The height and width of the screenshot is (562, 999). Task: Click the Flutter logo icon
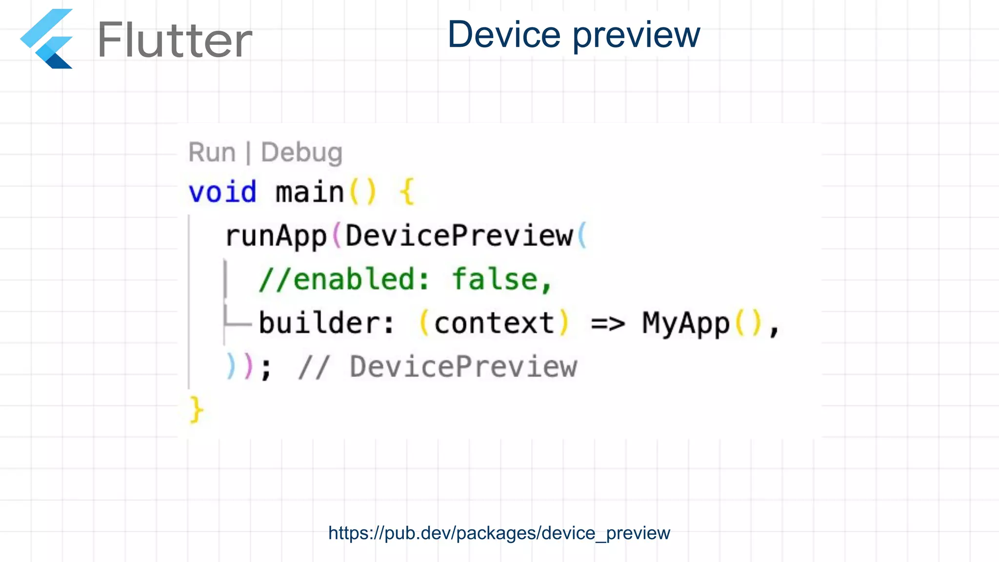[x=47, y=39]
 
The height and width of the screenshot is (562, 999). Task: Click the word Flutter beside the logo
[x=175, y=40]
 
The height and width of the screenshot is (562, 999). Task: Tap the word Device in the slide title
[x=504, y=35]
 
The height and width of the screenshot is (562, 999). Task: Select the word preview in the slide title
[x=636, y=36]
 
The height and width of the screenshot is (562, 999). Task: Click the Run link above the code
[x=212, y=152]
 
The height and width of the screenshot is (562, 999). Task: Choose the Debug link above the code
[x=301, y=152]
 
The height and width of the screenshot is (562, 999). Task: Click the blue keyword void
[x=222, y=192]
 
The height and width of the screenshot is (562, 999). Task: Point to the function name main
[x=310, y=192]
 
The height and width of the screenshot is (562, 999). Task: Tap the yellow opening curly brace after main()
[x=407, y=192]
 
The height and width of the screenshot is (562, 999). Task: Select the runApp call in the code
[x=276, y=236]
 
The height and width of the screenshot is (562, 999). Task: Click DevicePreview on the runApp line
[x=459, y=236]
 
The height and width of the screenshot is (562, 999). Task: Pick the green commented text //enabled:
[x=344, y=280]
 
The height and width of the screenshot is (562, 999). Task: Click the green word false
[x=495, y=280]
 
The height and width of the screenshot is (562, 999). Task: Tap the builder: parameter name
[x=326, y=323]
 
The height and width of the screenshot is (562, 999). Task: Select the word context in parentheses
[x=494, y=323]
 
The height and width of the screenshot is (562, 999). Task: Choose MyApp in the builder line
[x=685, y=323]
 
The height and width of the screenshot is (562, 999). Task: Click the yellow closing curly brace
[x=196, y=410]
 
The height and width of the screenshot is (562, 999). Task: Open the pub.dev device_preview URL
[x=499, y=533]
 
